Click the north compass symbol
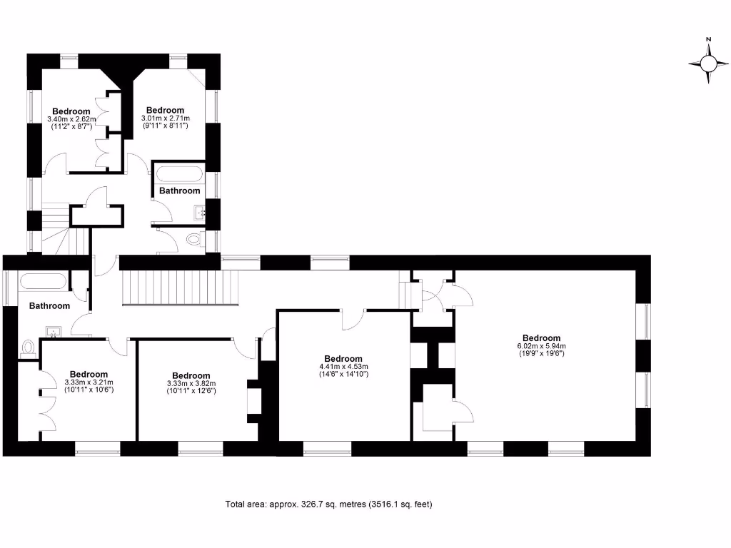coord(708,64)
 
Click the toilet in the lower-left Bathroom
coord(29,347)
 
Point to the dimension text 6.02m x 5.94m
coord(541,346)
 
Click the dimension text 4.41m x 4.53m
coord(343,367)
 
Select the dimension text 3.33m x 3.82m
coord(191,384)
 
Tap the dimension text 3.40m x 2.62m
coord(71,119)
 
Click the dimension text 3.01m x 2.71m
coord(165,118)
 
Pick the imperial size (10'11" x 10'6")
coord(89,390)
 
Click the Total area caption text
coord(328,504)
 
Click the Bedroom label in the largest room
coord(541,338)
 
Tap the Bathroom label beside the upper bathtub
coord(179,191)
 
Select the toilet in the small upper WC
coord(193,240)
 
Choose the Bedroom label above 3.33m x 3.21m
coord(89,374)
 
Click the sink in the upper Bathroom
coord(200,210)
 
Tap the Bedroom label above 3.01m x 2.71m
coord(165,110)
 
